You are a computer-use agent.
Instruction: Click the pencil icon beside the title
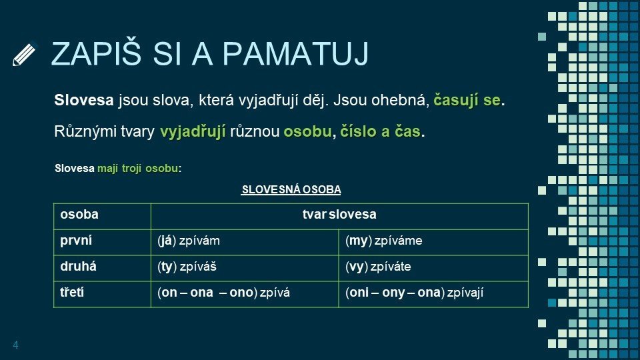click(24, 54)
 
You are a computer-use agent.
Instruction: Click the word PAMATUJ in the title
click(295, 53)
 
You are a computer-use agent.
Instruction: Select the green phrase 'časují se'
click(467, 101)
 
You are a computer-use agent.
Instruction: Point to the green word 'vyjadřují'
click(193, 132)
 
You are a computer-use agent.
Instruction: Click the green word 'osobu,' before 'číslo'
click(309, 131)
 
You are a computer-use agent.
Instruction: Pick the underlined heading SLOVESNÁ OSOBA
click(291, 190)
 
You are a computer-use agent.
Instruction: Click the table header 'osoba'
click(79, 214)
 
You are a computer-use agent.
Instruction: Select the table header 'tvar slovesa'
click(339, 214)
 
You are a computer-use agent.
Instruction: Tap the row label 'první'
click(76, 241)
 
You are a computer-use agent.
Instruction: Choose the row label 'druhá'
click(79, 267)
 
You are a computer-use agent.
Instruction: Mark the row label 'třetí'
click(72, 292)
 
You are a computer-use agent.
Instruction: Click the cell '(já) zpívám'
click(189, 241)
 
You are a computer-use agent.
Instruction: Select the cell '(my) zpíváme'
click(384, 241)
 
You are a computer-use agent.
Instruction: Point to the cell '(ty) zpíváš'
click(187, 267)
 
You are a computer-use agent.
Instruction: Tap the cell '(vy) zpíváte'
click(378, 267)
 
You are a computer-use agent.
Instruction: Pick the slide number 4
click(15, 345)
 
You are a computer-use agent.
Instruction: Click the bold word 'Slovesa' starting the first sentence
click(84, 100)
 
